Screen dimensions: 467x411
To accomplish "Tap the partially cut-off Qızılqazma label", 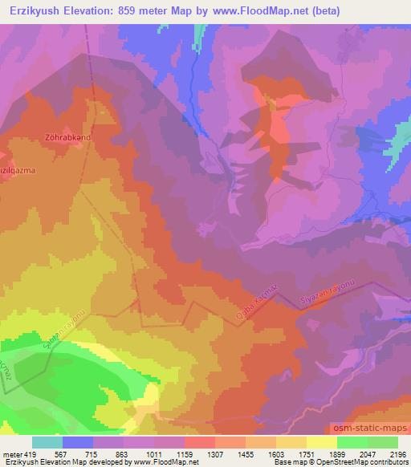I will coord(18,170).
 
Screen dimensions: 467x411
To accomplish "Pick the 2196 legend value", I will coord(397,452).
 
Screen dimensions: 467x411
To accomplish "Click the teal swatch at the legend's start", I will coord(47,442).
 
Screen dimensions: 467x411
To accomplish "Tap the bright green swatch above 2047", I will coord(352,442).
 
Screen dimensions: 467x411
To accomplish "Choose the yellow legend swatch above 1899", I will coord(322,442).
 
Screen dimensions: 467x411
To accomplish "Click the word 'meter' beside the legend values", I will coord(11,452).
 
